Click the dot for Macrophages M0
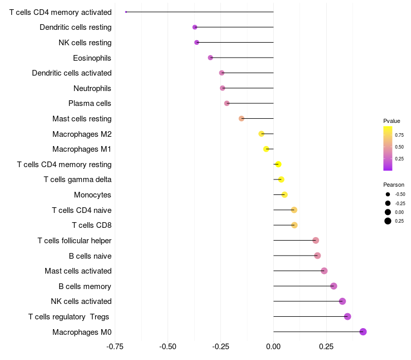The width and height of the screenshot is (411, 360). (363, 332)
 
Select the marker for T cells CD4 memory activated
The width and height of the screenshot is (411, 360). (126, 12)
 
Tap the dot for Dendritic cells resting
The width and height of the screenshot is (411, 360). (195, 27)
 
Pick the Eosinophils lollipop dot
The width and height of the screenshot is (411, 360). (210, 58)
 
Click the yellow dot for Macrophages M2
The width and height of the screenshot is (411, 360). (261, 134)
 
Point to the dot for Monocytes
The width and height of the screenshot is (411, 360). (285, 194)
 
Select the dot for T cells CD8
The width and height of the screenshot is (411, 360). (294, 225)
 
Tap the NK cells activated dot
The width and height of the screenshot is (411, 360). (343, 301)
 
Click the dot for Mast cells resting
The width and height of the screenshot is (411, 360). (241, 119)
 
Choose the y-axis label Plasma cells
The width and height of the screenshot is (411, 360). (90, 103)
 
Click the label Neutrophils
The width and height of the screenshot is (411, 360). (92, 88)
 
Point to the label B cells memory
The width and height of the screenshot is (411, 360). (85, 286)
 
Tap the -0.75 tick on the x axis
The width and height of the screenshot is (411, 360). (115, 347)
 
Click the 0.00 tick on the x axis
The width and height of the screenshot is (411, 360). (273, 347)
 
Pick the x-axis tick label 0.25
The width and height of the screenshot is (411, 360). (326, 347)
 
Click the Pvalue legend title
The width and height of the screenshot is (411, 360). (391, 121)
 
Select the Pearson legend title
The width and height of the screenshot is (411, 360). (394, 185)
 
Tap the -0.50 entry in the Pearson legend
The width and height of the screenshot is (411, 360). (400, 194)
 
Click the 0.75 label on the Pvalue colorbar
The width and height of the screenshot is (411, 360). (399, 135)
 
